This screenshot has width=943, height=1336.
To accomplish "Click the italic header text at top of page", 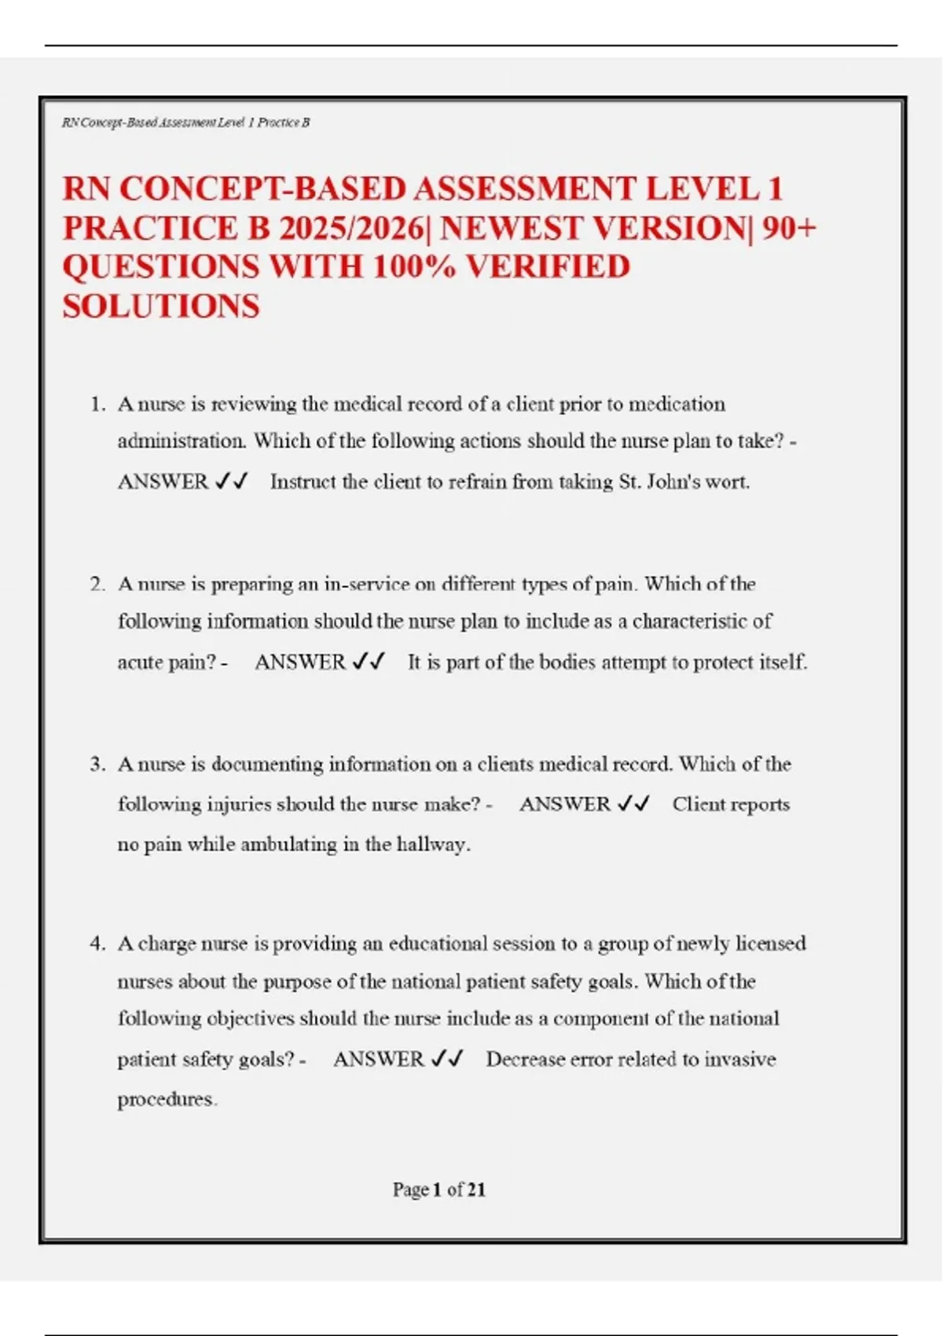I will [185, 123].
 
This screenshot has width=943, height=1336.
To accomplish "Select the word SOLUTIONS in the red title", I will [161, 306].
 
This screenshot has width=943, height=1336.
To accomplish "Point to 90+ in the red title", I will [789, 229].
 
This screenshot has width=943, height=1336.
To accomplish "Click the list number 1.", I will [97, 405].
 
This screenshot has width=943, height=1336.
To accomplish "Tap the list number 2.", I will [97, 585].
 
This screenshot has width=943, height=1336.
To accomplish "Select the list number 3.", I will [97, 765].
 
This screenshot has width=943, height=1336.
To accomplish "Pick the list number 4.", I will [97, 944].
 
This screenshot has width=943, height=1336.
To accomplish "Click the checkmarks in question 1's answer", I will [231, 481].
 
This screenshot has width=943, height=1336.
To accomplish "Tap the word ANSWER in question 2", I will [300, 662].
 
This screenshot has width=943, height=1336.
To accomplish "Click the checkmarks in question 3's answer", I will [633, 804].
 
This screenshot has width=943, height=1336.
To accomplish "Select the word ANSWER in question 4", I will [379, 1059].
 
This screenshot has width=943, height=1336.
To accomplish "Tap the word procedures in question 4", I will [167, 1099].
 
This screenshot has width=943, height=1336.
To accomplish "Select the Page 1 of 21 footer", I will [438, 1190].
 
